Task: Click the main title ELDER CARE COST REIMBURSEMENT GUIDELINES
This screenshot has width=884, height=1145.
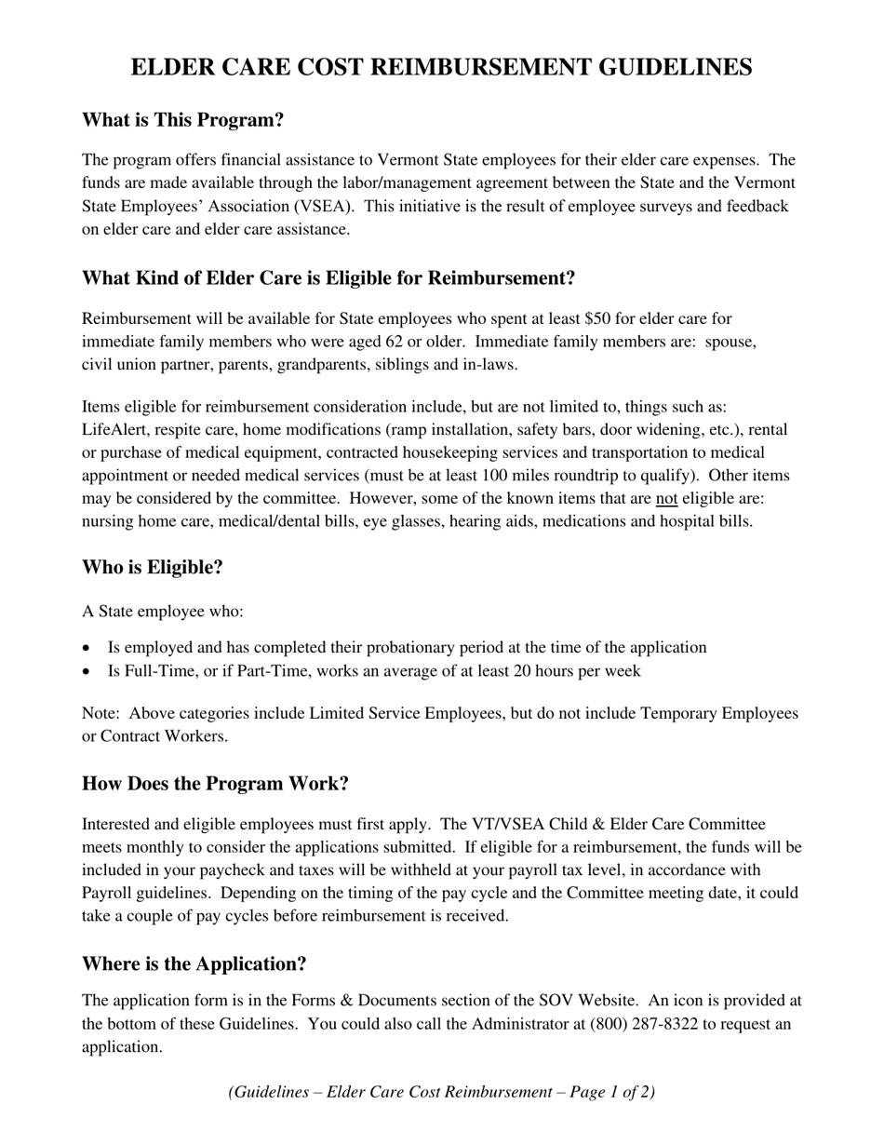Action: click(x=441, y=68)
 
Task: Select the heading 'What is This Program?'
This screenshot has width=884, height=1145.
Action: click(x=182, y=120)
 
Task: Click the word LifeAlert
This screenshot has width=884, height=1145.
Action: click(x=116, y=430)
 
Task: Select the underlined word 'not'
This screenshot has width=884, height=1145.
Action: click(x=666, y=499)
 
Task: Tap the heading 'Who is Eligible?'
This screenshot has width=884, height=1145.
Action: click(x=153, y=568)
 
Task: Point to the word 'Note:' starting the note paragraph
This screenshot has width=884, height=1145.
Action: click(x=100, y=714)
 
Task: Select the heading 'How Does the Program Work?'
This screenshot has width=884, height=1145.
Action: click(x=215, y=784)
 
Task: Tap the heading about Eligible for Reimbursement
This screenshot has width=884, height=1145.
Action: click(x=328, y=278)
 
